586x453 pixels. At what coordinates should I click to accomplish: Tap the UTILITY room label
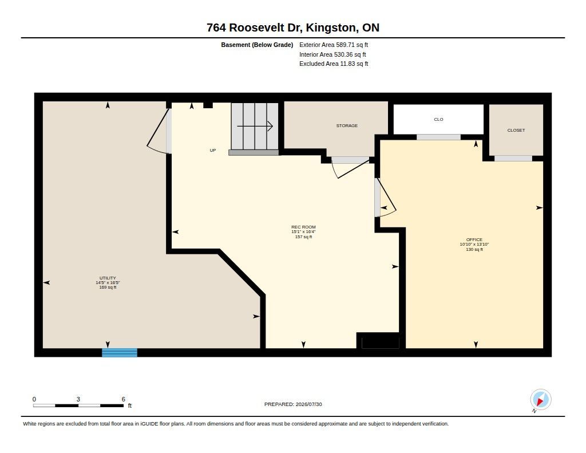coord(108,278)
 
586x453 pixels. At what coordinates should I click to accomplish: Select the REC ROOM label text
coord(303,227)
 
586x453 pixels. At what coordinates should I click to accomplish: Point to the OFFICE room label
coord(474,240)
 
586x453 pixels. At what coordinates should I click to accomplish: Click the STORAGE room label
coord(347,125)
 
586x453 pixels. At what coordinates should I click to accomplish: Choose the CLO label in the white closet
coord(438,119)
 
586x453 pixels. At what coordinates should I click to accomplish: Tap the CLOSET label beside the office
coord(516,130)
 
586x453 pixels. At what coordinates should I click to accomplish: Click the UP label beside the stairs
coord(213,151)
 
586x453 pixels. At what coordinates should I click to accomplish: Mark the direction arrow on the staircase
coord(255,126)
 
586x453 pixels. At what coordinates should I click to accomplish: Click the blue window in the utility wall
coord(120,352)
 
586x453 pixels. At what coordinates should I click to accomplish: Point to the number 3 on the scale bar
coord(78,399)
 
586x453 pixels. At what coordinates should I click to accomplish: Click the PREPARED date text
coord(293,404)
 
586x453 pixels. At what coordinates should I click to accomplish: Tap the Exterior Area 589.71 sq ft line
coord(334,45)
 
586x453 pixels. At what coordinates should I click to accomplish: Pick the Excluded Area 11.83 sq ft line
coord(334,64)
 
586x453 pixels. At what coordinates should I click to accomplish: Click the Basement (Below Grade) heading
coord(257,45)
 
